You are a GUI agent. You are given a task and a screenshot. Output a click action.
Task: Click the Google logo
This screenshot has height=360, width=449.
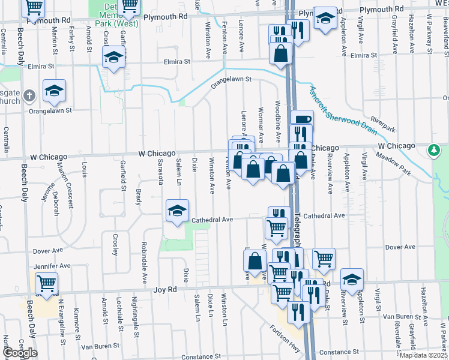[x=19, y=353]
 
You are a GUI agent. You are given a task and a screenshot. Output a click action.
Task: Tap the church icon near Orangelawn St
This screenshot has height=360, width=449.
[x=31, y=95]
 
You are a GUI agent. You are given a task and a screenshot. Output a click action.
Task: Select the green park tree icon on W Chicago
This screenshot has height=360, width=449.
[x=434, y=149]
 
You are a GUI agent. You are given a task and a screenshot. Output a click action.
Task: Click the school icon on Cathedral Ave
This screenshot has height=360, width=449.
[x=177, y=211]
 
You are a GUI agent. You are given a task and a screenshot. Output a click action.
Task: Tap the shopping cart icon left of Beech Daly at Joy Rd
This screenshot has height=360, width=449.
[x=46, y=282]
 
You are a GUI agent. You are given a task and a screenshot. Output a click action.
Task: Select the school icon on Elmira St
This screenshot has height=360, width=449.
[x=112, y=57]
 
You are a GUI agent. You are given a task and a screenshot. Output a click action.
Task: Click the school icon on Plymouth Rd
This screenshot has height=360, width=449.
[x=325, y=17]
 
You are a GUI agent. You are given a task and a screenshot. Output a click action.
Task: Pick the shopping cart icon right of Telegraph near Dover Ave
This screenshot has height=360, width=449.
[x=323, y=257]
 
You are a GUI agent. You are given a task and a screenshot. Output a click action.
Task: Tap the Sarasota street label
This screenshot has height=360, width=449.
[x=160, y=172]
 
